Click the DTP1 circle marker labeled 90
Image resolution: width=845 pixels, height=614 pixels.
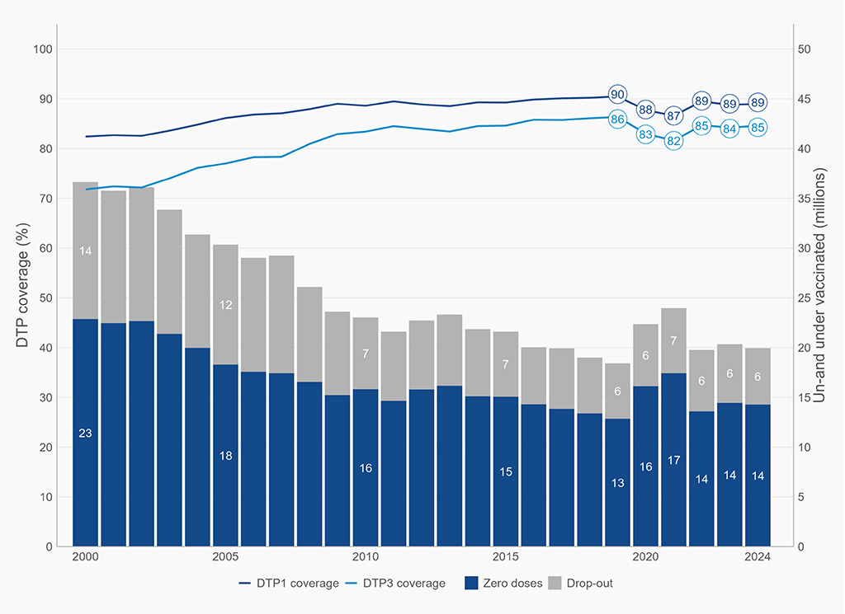(617, 94)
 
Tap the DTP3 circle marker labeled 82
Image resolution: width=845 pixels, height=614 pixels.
(673, 141)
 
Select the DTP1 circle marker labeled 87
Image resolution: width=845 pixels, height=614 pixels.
(673, 115)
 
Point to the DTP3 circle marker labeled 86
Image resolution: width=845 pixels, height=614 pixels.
(617, 119)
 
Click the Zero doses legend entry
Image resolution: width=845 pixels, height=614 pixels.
(503, 584)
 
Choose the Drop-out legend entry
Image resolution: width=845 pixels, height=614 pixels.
(580, 584)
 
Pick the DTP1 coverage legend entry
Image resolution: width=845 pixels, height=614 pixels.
(289, 584)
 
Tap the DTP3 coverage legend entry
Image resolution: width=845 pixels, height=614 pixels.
(395, 584)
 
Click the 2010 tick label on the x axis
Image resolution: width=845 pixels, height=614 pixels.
(366, 557)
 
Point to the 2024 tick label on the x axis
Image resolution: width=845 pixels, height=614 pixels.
(758, 557)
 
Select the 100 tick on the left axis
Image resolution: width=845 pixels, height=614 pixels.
(43, 49)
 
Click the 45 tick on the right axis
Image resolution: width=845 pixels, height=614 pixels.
(804, 99)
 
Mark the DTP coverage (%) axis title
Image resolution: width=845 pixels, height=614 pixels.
(22, 285)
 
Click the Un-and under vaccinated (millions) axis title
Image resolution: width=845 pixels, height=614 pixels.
(819, 285)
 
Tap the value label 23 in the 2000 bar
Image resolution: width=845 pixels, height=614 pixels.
(85, 434)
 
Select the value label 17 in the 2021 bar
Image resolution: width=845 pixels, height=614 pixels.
(673, 461)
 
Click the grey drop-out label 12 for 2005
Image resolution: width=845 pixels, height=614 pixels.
(225, 305)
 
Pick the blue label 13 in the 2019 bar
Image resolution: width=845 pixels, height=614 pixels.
(617, 483)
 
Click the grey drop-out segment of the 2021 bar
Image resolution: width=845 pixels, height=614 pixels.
(673, 340)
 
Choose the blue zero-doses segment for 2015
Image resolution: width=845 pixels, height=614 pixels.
(506, 471)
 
